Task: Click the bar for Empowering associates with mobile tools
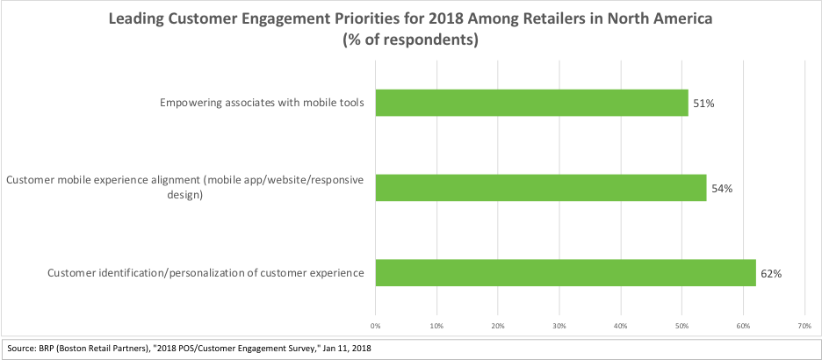tap(531, 103)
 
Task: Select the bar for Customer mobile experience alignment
tap(541, 187)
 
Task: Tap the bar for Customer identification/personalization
tap(566, 272)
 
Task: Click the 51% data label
tap(703, 104)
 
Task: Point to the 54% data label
tap(721, 188)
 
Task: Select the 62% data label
tap(770, 273)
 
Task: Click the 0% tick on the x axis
tap(376, 325)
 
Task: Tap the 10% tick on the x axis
tap(436, 325)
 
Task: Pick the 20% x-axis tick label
tap(498, 325)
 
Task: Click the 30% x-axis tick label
tap(559, 325)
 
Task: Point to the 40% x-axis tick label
tap(621, 325)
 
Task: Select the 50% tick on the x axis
tap(681, 325)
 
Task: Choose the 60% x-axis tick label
tap(743, 325)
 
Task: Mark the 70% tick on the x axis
tap(804, 325)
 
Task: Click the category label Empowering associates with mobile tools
tap(262, 104)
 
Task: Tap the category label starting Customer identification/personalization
tap(205, 273)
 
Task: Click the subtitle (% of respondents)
tap(411, 40)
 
